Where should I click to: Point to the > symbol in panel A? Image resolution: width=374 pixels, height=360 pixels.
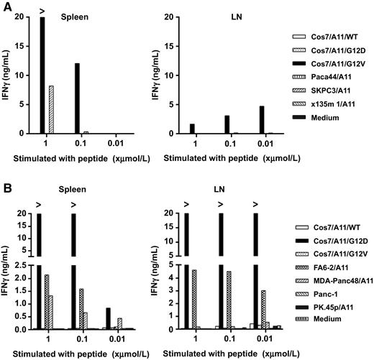pyautogui.click(x=42, y=9)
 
